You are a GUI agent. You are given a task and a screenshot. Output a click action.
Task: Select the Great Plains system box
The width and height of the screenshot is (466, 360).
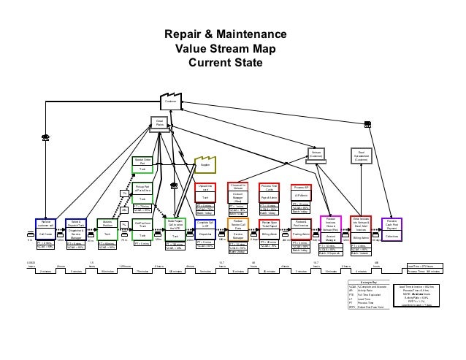tap(160, 123)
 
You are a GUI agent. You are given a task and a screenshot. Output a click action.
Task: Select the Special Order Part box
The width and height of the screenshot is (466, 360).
tap(143, 165)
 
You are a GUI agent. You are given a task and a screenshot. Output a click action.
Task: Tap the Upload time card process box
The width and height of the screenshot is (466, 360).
tap(206, 194)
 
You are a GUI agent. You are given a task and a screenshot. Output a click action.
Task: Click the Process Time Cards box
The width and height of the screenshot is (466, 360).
tap(270, 193)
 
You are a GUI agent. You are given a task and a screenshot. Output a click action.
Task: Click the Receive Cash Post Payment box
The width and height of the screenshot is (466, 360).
tap(392, 229)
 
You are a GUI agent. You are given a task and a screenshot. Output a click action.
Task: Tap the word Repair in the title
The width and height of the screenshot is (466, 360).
tap(180, 35)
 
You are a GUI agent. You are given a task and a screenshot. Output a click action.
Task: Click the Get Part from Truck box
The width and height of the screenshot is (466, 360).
tap(143, 229)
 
